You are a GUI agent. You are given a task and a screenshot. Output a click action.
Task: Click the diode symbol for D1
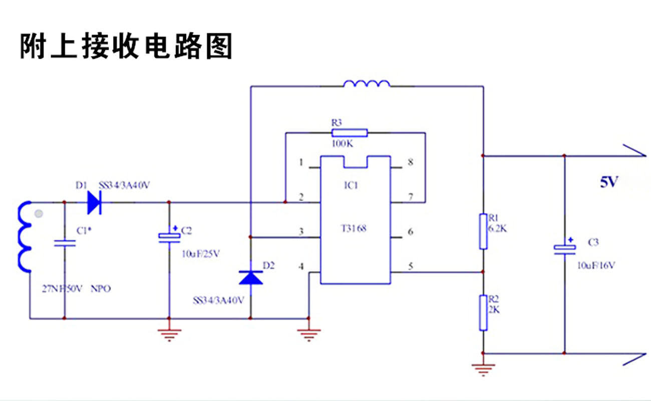(x=94, y=203)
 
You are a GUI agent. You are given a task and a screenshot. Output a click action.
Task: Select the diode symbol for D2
(x=251, y=277)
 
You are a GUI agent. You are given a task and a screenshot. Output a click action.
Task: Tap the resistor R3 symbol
(x=349, y=133)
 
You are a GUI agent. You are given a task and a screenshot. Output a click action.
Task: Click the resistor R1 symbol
(x=483, y=231)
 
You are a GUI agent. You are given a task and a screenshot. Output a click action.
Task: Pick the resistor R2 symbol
(x=483, y=313)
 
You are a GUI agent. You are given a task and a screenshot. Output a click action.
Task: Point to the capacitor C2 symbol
(x=169, y=237)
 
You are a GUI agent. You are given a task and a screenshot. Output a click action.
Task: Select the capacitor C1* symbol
(x=65, y=244)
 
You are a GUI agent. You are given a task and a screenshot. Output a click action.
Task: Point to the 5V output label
(x=609, y=182)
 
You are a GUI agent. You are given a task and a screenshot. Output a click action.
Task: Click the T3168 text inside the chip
(x=354, y=229)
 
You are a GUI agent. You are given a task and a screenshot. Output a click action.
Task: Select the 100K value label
(x=343, y=144)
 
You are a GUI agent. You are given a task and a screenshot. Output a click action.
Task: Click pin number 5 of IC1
(x=411, y=267)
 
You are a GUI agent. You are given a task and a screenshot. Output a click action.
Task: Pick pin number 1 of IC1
(x=301, y=162)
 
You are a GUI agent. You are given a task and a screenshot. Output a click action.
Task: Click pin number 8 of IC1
(x=411, y=162)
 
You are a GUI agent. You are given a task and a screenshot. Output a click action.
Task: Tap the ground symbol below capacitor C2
(x=169, y=334)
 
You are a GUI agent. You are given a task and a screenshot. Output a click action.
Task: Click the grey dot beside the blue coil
(x=39, y=214)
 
